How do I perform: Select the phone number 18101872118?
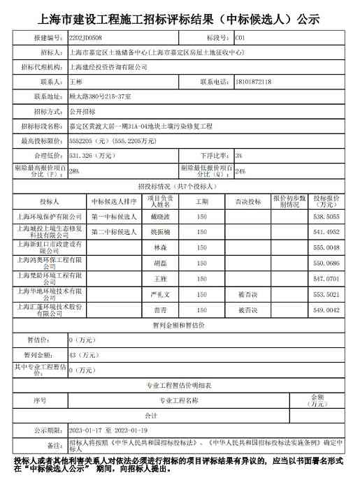point(254,81)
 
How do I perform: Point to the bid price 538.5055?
point(326,217)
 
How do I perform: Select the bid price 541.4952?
point(326,231)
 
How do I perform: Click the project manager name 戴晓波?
point(159,217)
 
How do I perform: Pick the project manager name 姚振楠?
point(159,231)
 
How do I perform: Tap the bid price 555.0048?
point(326,247)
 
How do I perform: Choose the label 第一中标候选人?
point(114,217)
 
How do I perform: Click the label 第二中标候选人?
point(114,231)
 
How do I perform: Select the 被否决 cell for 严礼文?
point(247,295)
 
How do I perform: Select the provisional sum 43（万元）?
point(82,355)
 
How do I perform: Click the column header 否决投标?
point(247,201)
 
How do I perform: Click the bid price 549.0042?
point(326,310)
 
